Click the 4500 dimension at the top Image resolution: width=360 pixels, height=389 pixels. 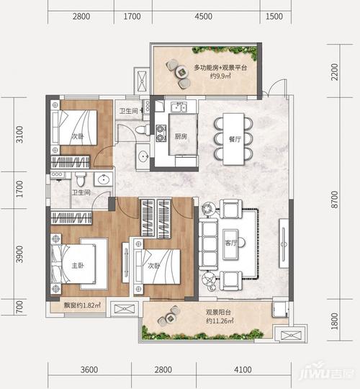(x=203, y=17)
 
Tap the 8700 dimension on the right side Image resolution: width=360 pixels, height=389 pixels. (x=335, y=200)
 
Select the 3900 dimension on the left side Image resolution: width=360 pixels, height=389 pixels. (x=19, y=254)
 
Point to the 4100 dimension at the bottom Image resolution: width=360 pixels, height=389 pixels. (x=243, y=370)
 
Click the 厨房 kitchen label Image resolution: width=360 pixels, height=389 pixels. (x=181, y=136)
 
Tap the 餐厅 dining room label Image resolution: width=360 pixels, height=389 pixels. (x=235, y=139)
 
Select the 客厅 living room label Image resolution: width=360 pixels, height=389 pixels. (x=231, y=243)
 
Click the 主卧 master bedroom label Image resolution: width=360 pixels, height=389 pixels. (x=78, y=265)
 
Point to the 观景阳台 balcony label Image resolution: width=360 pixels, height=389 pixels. (x=218, y=312)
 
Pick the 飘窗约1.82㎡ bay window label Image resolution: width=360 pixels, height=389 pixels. (x=82, y=305)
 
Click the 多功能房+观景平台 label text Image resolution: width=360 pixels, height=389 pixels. (x=220, y=68)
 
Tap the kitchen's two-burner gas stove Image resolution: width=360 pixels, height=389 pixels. (x=161, y=133)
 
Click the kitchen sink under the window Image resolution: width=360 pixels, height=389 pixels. (x=179, y=107)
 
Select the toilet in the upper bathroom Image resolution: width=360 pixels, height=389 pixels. (x=143, y=130)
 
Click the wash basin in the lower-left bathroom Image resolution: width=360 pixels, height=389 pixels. (x=104, y=179)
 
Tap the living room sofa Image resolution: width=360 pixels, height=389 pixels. (x=208, y=243)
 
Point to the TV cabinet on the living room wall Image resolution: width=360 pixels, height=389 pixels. (x=284, y=243)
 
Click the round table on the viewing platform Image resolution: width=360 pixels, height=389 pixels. (x=182, y=72)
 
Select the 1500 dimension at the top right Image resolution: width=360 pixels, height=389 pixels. (x=274, y=17)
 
